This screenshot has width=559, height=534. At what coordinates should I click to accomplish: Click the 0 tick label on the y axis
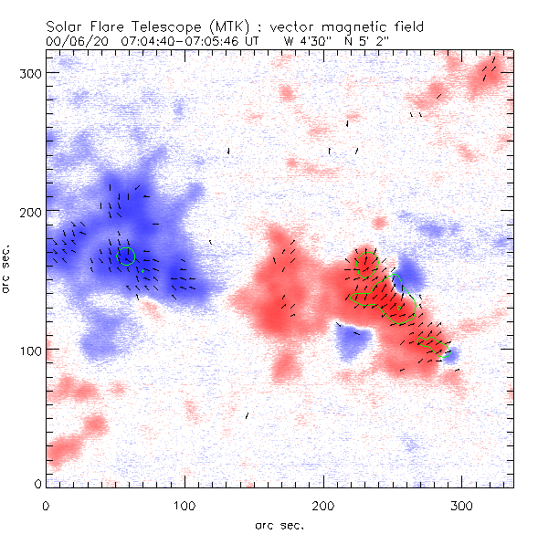click(38, 483)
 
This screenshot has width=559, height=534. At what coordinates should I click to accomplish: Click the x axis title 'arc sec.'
click(278, 524)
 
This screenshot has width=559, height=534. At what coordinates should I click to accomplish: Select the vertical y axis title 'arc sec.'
click(7, 269)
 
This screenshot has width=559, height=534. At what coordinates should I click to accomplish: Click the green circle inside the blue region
click(127, 257)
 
